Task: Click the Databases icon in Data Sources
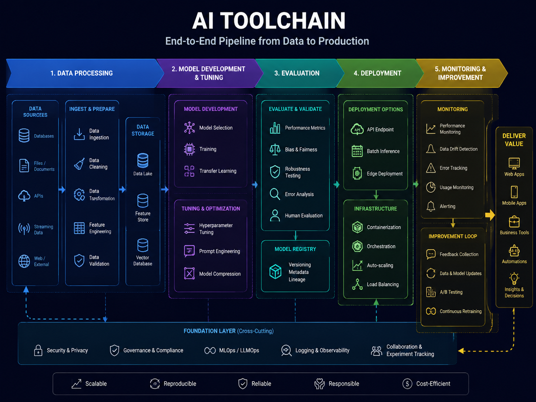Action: pos(24,135)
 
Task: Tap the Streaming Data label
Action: pos(43,230)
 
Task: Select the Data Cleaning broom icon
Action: pos(79,164)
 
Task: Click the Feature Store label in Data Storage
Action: pos(143,217)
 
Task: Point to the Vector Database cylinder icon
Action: pos(143,245)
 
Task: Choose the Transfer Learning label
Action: pos(218,171)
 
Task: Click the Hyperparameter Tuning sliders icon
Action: pos(189,228)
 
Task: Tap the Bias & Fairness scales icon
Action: pos(275,150)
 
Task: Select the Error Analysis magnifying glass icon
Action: pos(275,194)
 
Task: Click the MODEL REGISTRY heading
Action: pos(295,249)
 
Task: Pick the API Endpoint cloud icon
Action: pos(357,129)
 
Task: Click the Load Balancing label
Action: pos(383,284)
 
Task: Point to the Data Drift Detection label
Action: pos(459,149)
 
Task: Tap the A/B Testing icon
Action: pos(431,292)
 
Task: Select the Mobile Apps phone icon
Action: pos(514,192)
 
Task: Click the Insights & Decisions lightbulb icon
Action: pos(514,278)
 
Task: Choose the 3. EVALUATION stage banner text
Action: pos(297,73)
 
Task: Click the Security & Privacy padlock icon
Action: pos(38,350)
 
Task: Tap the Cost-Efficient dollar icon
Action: pos(407,384)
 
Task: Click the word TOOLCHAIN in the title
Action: pos(283,20)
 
